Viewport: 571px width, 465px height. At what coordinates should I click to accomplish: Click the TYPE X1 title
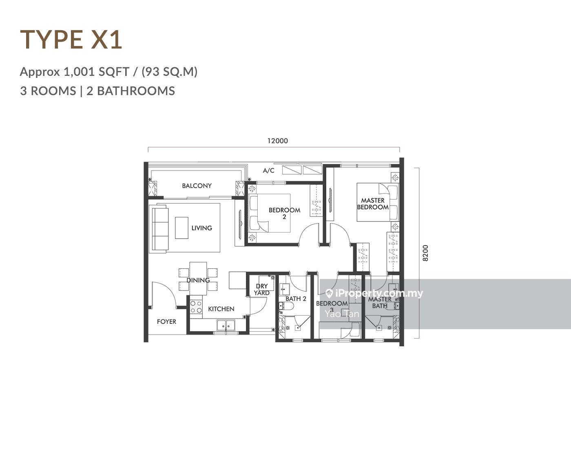[71, 40]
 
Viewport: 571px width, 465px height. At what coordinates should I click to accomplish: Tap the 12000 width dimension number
[277, 141]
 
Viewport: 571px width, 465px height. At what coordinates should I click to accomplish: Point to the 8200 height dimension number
[425, 253]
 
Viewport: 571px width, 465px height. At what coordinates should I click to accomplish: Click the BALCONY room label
[197, 186]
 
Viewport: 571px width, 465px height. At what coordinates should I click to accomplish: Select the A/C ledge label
[269, 170]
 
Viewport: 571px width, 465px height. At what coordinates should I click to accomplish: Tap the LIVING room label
[201, 228]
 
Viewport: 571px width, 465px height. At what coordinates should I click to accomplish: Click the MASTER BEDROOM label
[373, 204]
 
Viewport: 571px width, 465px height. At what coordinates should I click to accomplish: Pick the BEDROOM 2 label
[284, 213]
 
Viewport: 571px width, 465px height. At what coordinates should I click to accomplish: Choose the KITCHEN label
[221, 309]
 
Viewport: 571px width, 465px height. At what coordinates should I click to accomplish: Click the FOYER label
[166, 321]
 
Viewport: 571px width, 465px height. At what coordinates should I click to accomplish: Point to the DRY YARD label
[262, 290]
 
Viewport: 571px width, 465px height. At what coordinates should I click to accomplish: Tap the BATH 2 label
[296, 299]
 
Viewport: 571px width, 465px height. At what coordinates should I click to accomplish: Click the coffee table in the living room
[181, 228]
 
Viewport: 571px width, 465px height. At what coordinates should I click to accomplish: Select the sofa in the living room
[160, 228]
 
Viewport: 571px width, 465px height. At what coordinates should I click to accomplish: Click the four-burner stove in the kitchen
[196, 307]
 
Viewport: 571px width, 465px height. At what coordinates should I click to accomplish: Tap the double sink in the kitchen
[226, 325]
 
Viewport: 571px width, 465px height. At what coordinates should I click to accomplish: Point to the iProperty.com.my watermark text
[374, 293]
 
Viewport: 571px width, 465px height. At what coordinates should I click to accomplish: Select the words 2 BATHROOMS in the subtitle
[131, 91]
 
